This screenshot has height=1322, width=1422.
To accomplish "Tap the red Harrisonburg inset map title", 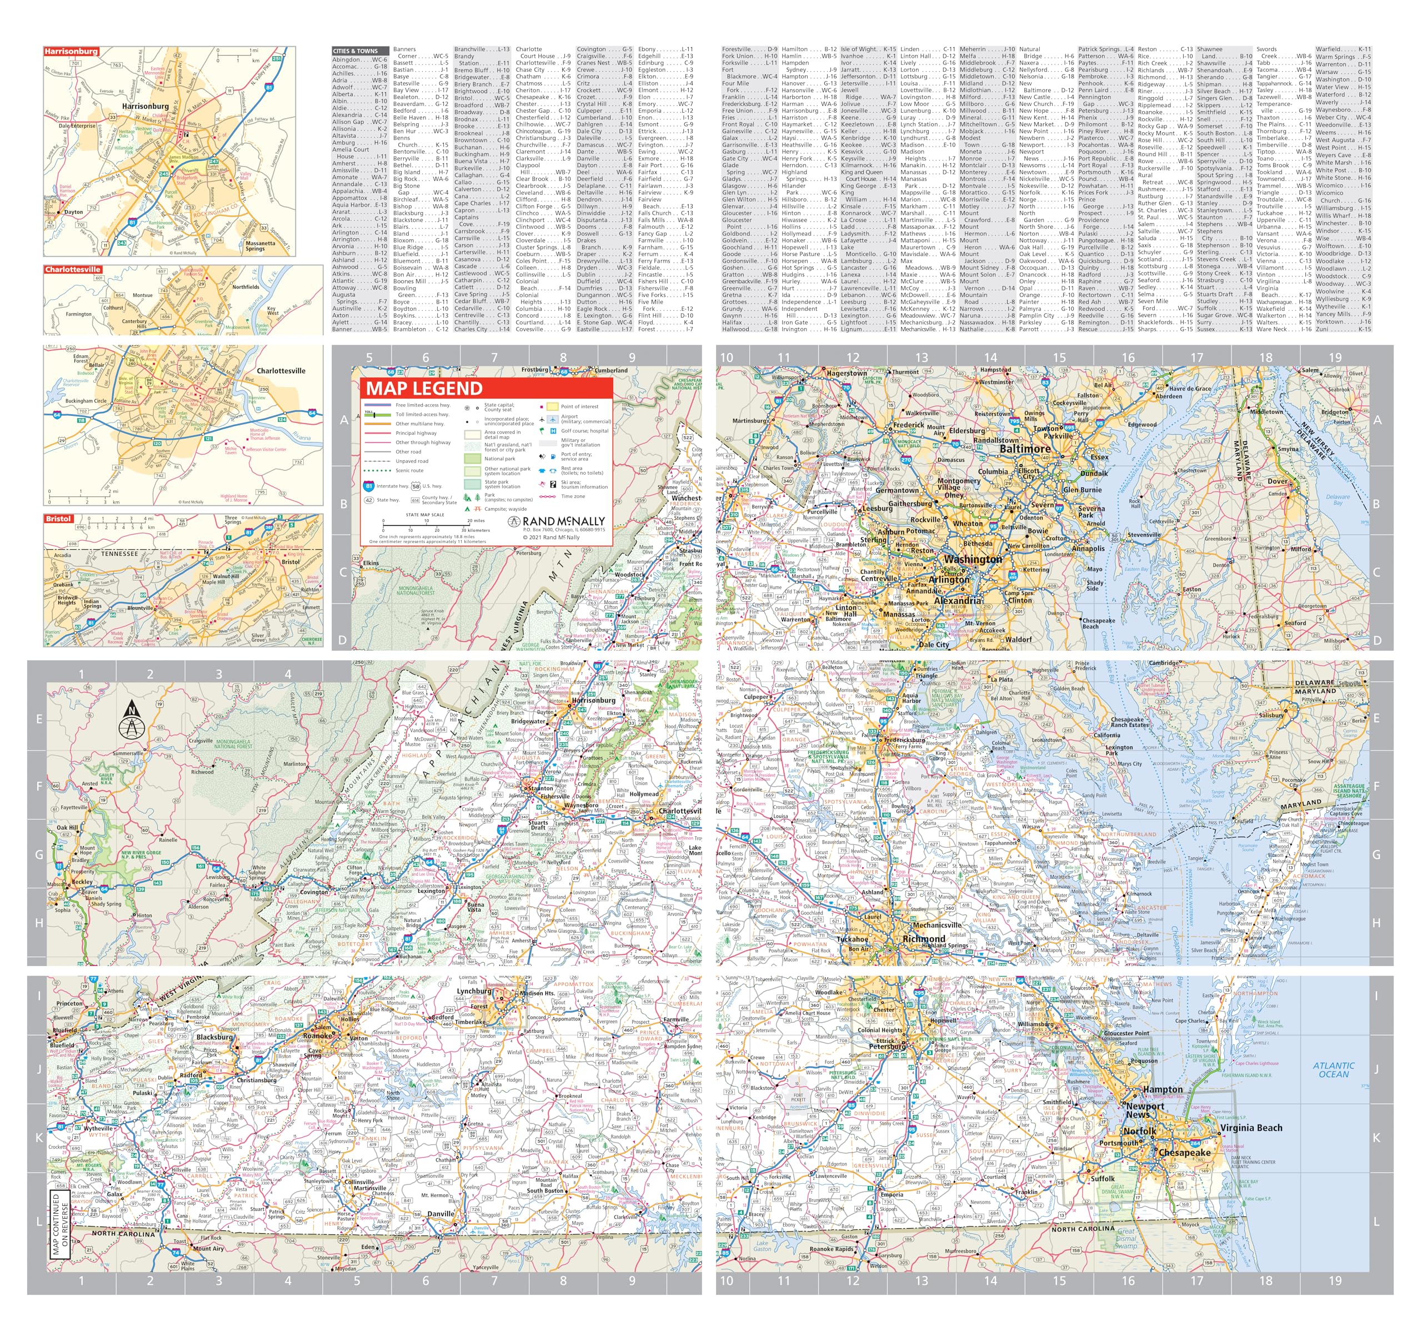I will click(x=71, y=52).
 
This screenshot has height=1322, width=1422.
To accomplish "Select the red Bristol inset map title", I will click(x=59, y=519).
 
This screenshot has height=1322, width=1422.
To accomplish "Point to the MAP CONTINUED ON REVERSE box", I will click(x=60, y=1223).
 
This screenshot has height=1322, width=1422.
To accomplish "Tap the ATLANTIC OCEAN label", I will click(x=1333, y=1069).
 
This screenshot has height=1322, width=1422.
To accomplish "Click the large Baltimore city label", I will click(x=1024, y=449).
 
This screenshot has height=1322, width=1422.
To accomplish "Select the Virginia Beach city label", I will click(x=1251, y=1128).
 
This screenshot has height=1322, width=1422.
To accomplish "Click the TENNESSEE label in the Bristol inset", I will click(x=119, y=554).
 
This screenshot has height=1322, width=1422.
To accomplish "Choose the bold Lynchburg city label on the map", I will click(x=474, y=991).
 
